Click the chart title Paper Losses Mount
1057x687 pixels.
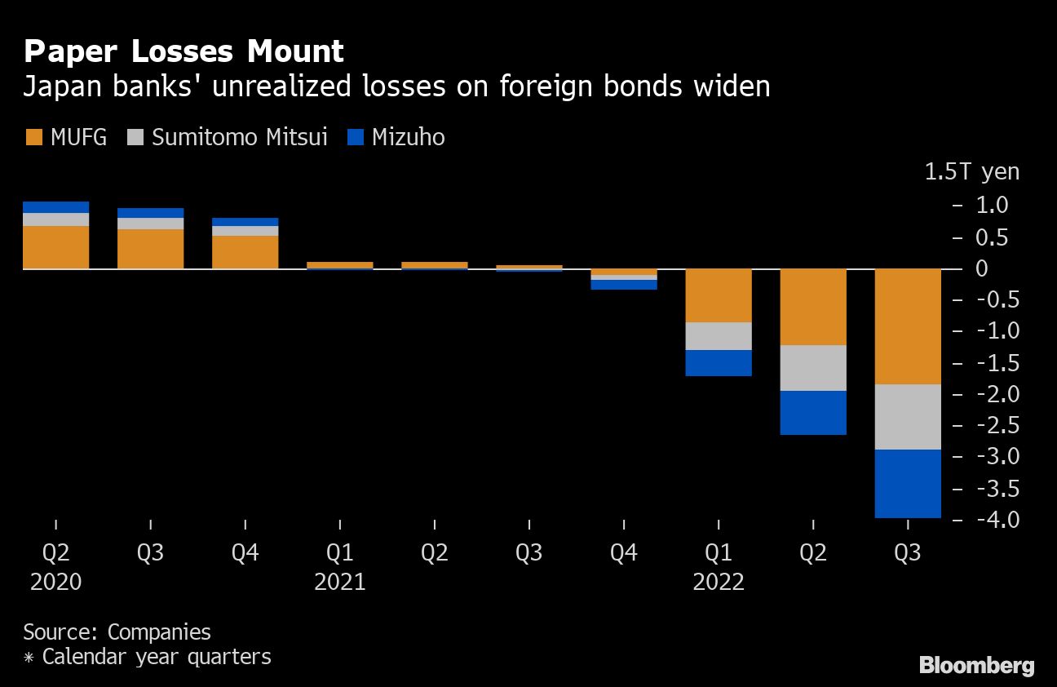point(184,52)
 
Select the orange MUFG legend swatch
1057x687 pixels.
point(33,137)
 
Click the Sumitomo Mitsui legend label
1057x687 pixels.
point(239,137)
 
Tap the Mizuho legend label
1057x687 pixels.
point(408,137)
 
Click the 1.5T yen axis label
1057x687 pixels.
point(971,172)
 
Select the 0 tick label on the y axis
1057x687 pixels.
point(981,268)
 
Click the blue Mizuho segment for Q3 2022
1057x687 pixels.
point(908,483)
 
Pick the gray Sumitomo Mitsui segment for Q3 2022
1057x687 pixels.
point(908,416)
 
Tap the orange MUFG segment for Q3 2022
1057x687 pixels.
point(908,326)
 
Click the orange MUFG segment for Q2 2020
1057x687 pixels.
point(55,247)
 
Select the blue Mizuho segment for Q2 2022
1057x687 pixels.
point(813,412)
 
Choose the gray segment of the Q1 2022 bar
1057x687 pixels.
point(719,336)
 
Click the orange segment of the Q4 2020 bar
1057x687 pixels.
point(245,252)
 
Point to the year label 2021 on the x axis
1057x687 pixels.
point(340,582)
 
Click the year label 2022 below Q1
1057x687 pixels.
point(719,582)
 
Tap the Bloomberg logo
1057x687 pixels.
point(976,665)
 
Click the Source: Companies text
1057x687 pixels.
point(117,632)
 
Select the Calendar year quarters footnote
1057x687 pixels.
point(147,656)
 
